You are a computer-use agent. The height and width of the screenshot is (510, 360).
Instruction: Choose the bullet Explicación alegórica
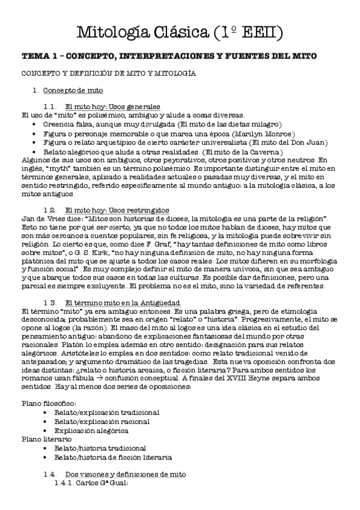(91, 431)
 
